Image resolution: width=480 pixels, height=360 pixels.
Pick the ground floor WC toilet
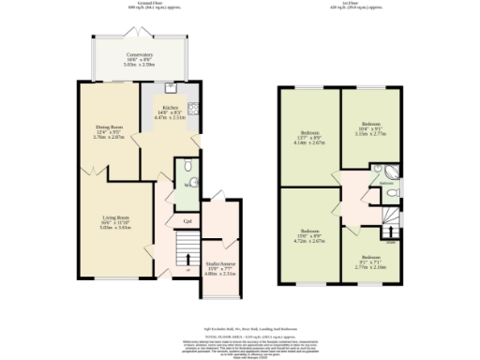(x=188, y=184)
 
